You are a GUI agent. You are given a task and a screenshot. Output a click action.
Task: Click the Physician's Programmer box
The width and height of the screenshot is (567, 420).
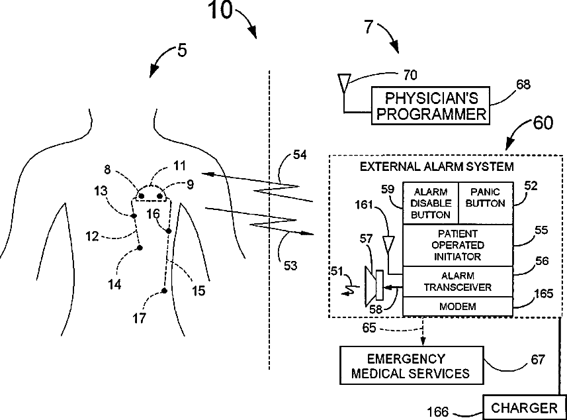pos(430,106)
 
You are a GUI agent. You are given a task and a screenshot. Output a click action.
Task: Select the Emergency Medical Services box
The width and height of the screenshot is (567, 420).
pos(412,365)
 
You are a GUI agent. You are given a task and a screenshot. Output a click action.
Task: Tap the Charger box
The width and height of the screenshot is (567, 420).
pos(525,407)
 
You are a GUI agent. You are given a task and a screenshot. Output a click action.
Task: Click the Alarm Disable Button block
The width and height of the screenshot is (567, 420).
pos(430,203)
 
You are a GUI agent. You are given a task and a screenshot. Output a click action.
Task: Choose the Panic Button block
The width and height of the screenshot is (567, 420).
pos(486,203)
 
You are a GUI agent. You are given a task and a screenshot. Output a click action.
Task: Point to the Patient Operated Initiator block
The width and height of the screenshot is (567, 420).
pos(458,246)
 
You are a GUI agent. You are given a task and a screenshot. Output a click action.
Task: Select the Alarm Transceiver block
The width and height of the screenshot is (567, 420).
pos(458,282)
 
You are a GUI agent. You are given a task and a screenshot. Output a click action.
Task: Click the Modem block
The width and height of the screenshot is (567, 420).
pos(458,306)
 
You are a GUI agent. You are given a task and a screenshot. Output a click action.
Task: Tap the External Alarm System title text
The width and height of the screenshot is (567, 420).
pos(437,166)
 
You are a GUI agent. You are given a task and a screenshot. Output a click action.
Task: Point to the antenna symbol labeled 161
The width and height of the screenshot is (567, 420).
pos(388,244)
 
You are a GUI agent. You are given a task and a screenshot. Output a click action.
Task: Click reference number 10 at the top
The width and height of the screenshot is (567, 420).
pos(220,11)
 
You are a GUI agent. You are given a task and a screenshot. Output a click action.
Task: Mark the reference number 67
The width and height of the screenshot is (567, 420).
pos(538,360)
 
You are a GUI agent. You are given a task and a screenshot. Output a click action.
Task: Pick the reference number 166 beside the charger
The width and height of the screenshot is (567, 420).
pos(437,412)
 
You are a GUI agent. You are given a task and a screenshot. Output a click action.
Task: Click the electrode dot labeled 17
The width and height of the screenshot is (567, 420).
pos(164,291)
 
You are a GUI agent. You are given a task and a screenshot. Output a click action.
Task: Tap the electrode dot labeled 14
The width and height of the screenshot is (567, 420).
pos(140,248)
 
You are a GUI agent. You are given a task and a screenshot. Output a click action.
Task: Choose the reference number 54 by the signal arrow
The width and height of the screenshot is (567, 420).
pos(300,155)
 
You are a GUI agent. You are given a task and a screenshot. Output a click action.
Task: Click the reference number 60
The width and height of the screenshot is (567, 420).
pos(543,123)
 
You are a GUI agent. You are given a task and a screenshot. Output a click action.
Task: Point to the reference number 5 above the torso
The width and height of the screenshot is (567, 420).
pos(182,50)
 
